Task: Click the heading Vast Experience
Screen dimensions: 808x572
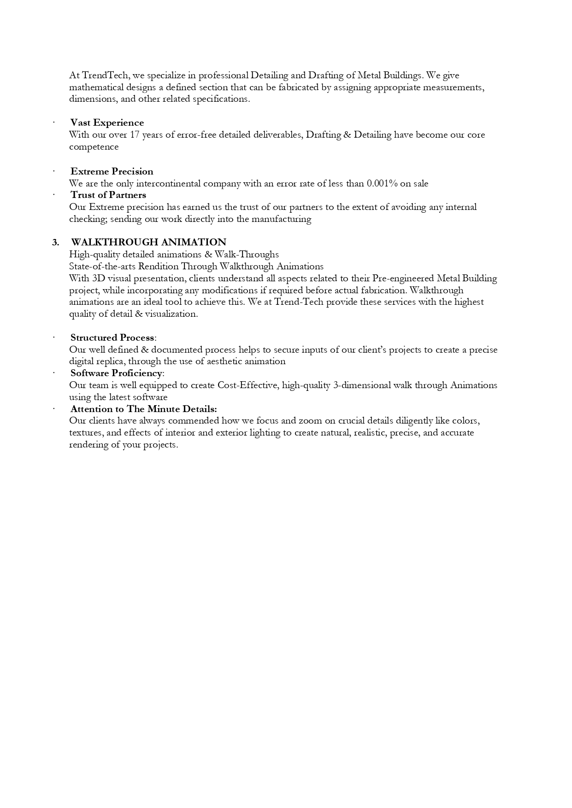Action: pyautogui.click(x=107, y=123)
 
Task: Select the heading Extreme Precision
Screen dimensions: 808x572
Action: pyautogui.click(x=112, y=172)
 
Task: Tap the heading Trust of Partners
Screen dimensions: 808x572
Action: pyautogui.click(x=108, y=195)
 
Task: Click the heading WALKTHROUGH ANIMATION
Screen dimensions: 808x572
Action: pyautogui.click(x=148, y=243)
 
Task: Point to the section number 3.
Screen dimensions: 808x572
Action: pyautogui.click(x=55, y=243)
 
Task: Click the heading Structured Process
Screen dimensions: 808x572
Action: pyautogui.click(x=112, y=338)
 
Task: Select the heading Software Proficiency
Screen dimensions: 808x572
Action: pyautogui.click(x=116, y=373)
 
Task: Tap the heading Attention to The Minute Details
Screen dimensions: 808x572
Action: pyautogui.click(x=143, y=409)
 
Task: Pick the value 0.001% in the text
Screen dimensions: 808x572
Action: pyautogui.click(x=382, y=184)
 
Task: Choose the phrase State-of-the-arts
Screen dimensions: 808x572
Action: pyautogui.click(x=102, y=267)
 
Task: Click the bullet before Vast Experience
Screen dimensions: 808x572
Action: pyautogui.click(x=54, y=123)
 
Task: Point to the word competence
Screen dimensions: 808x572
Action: pyautogui.click(x=94, y=147)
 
